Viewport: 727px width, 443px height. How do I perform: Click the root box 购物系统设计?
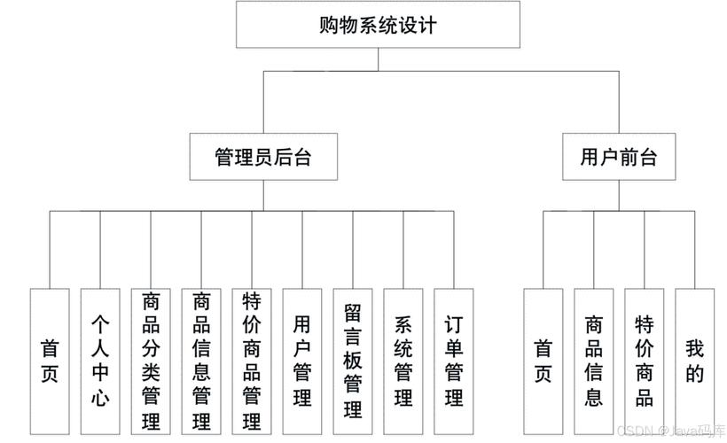tap(379, 25)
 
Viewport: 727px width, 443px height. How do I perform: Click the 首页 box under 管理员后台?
tap(50, 361)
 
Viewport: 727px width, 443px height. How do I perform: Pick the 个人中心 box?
tap(100, 361)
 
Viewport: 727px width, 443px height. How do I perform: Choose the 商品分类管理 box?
tap(151, 361)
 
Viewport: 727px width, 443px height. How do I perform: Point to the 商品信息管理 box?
tap(201, 361)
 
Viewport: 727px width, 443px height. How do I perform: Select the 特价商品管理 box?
tap(252, 361)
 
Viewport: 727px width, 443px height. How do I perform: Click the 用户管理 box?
tap(302, 361)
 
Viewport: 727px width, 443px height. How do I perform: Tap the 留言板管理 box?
tap(353, 361)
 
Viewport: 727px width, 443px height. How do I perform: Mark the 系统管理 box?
tap(403, 361)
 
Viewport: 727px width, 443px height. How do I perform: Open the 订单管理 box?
tap(454, 361)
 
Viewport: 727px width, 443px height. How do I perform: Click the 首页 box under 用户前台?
tap(543, 361)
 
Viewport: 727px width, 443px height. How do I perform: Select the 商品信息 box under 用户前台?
tap(593, 361)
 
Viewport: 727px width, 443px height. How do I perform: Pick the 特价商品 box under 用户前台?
tap(644, 361)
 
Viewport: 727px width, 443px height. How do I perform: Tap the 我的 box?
tap(694, 361)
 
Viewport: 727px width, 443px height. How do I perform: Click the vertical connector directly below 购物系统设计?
tap(379, 58)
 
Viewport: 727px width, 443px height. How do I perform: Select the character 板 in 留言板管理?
tap(353, 361)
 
